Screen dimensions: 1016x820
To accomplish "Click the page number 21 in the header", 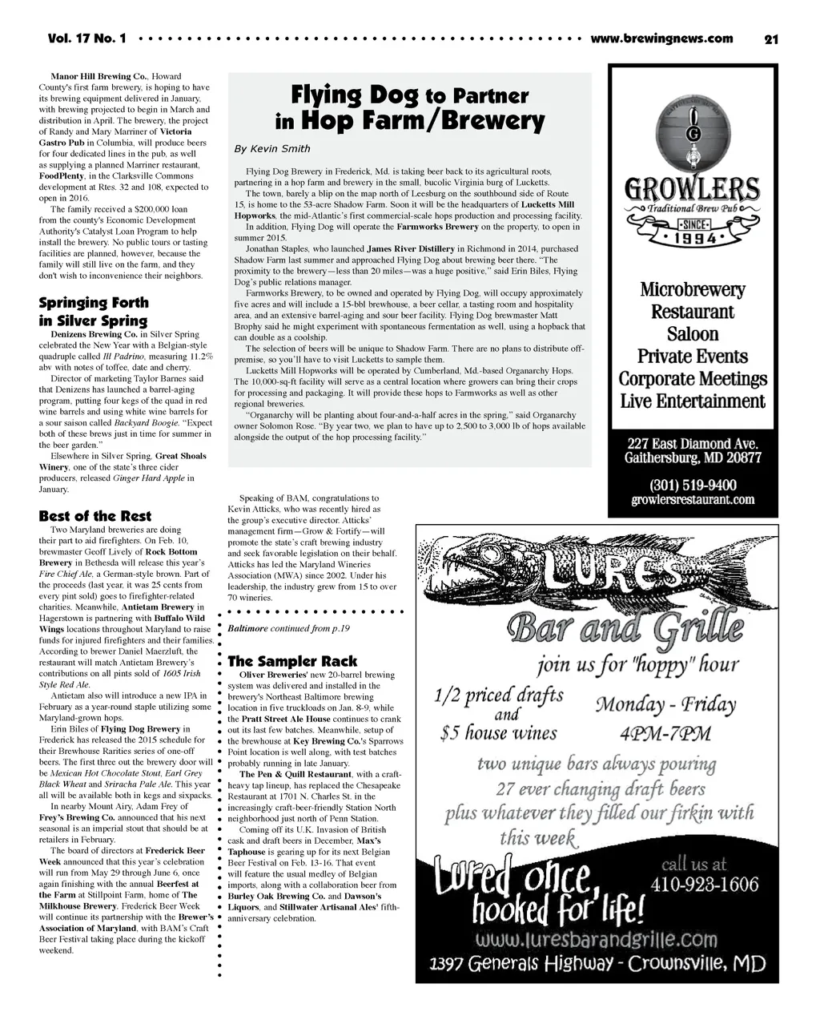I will tap(771, 39).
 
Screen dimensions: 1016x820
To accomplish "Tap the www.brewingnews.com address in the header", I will tap(661, 38).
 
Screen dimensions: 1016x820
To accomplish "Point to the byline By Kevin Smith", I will tap(271, 149).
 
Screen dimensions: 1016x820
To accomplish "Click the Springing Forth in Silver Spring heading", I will tap(94, 312).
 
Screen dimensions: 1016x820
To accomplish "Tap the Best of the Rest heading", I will tap(94, 516).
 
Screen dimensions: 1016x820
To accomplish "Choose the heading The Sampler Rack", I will tap(292, 661).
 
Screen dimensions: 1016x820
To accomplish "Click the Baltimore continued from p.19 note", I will tap(288, 629).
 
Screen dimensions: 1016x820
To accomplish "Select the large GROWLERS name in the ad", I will tap(693, 191).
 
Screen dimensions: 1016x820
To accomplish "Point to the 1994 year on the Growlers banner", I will tap(693, 237).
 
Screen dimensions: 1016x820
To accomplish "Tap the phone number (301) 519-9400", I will tap(693, 485).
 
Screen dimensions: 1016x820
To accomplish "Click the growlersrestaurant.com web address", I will tap(693, 500).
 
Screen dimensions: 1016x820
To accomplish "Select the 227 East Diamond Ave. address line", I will tap(693, 443).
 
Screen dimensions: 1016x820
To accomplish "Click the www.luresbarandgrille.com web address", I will tap(597, 938).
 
